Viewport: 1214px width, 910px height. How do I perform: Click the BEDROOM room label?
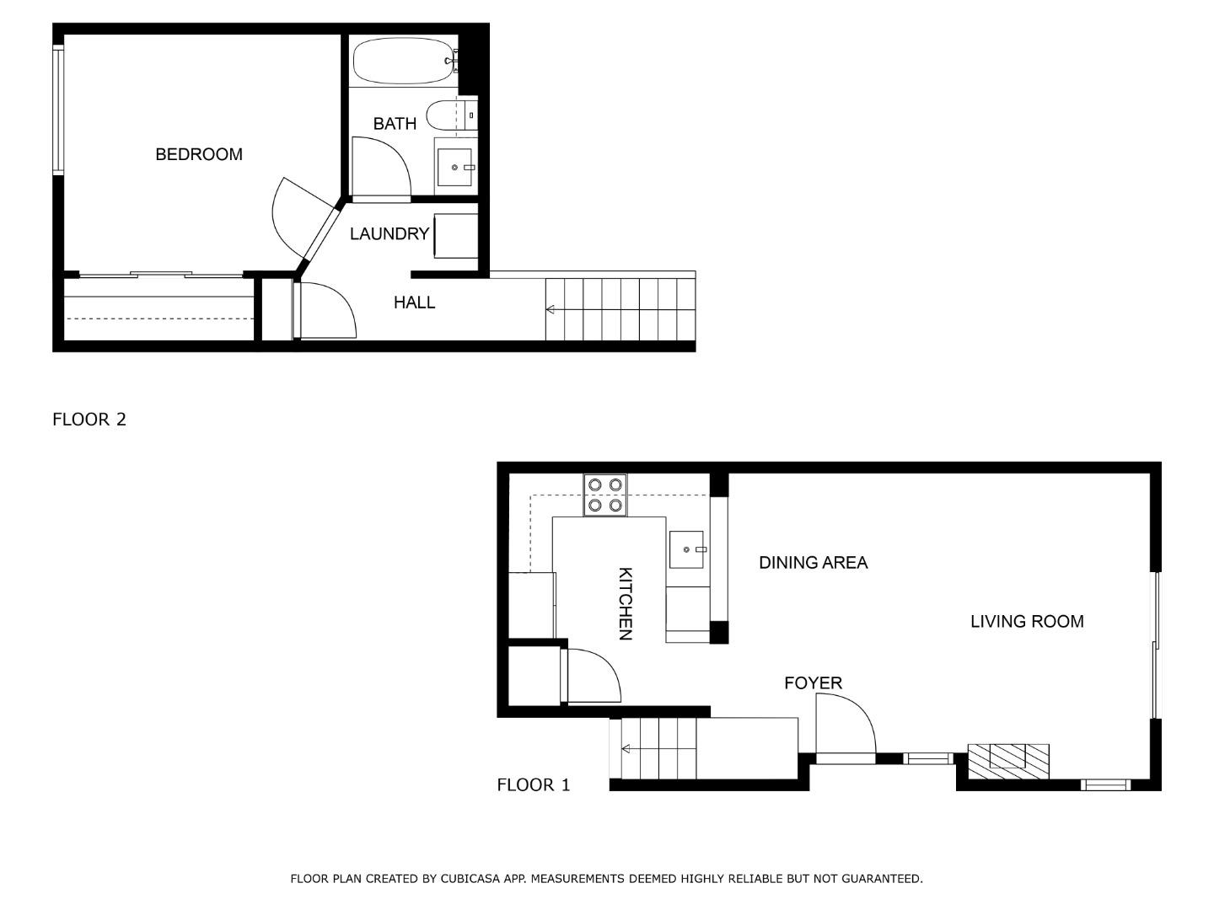click(199, 154)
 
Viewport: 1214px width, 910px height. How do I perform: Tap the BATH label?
click(395, 124)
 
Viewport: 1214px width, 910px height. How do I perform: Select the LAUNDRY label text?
click(389, 234)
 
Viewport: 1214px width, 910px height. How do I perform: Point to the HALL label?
click(414, 302)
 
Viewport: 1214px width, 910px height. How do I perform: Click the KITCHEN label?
click(626, 603)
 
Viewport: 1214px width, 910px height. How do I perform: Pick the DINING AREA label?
click(813, 563)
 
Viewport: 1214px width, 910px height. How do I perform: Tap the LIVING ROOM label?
click(1027, 622)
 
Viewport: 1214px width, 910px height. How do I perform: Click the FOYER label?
click(813, 683)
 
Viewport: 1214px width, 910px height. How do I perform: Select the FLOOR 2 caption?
click(89, 420)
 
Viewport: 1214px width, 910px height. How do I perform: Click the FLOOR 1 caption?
click(534, 785)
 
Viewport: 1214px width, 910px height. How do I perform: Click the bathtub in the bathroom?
click(404, 61)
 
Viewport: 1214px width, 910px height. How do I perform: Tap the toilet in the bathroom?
click(444, 114)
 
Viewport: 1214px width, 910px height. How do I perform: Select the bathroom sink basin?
click(454, 168)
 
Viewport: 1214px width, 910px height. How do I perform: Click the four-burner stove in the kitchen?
click(605, 495)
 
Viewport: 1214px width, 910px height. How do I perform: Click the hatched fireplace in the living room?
click(1008, 761)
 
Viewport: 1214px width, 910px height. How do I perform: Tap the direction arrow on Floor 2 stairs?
click(550, 310)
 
